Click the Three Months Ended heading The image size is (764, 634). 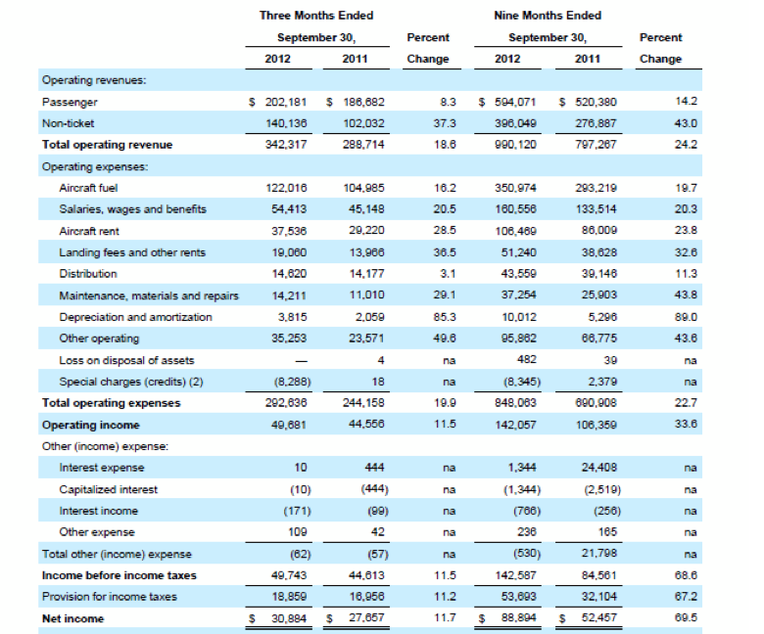tap(316, 16)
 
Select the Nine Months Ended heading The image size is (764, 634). tap(548, 16)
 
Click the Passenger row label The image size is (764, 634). tap(70, 102)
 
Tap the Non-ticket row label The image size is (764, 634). tap(69, 123)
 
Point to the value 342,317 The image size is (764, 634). tap(286, 145)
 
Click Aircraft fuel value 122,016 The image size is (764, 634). tap(286, 188)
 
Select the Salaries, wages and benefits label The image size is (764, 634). tap(132, 209)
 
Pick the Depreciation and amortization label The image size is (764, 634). tap(135, 317)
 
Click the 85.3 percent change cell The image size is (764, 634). tap(445, 317)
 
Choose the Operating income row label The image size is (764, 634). tap(91, 425)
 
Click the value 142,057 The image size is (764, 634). tap(515, 425)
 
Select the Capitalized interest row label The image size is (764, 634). tap(108, 489)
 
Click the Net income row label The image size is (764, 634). tap(73, 619)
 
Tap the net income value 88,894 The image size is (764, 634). tap(518, 618)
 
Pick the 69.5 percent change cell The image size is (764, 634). tap(686, 618)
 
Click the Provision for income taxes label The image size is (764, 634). tap(110, 597)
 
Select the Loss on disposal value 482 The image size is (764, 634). tap(527, 360)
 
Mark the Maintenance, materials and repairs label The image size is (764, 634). tap(149, 295)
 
